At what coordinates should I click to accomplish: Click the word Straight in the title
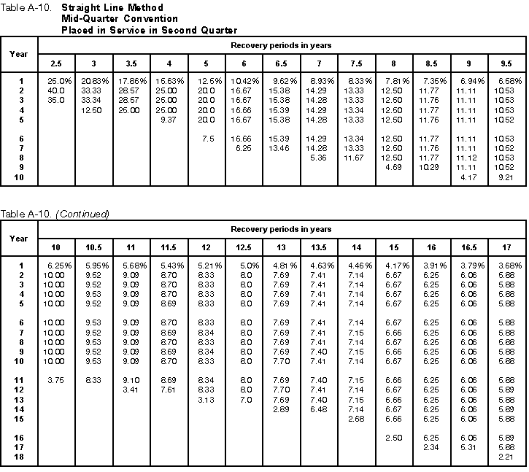click(80, 7)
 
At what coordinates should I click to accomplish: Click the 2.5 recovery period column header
click(56, 63)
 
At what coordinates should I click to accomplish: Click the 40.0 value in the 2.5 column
click(55, 89)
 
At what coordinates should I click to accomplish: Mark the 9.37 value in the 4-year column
click(169, 119)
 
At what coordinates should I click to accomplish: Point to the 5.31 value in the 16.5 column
click(468, 446)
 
